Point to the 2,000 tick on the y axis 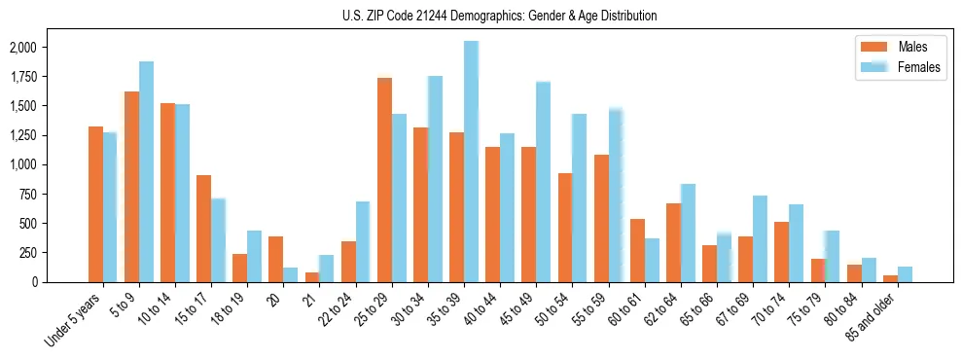point(22,48)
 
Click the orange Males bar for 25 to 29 point(384,180)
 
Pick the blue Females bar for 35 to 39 point(471,162)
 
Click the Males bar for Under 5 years point(95,204)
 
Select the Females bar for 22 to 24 point(363,242)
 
